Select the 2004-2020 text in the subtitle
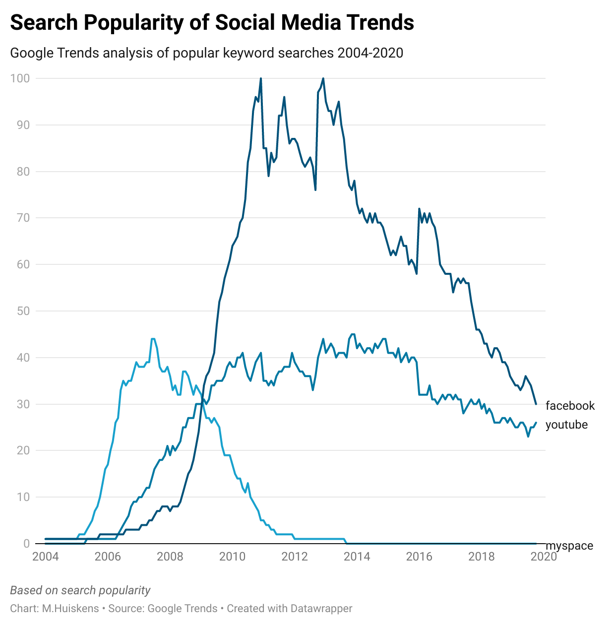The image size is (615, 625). pos(370,53)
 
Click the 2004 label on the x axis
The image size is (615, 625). pos(46,557)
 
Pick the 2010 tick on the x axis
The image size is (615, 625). pos(232,557)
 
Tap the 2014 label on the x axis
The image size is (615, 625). pos(357,557)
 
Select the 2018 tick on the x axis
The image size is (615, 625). pos(482,557)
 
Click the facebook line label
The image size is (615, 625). pos(570,406)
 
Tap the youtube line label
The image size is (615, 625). pos(566,425)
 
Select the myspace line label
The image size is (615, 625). pos(569,546)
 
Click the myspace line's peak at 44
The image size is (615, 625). pos(153,339)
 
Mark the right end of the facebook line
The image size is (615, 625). pos(536,404)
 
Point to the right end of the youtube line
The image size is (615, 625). pos(536,423)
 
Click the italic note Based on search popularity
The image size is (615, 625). pos(80,590)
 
